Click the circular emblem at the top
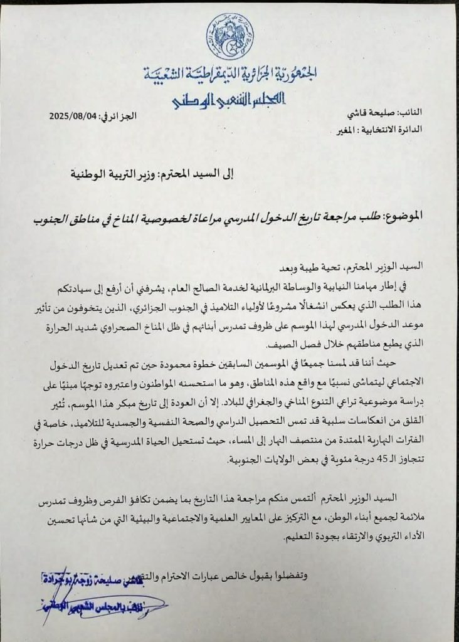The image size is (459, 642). click(230, 36)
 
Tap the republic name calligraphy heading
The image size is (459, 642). click(229, 76)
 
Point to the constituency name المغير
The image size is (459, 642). click(344, 132)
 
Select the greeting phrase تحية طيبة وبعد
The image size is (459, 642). click(297, 266)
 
